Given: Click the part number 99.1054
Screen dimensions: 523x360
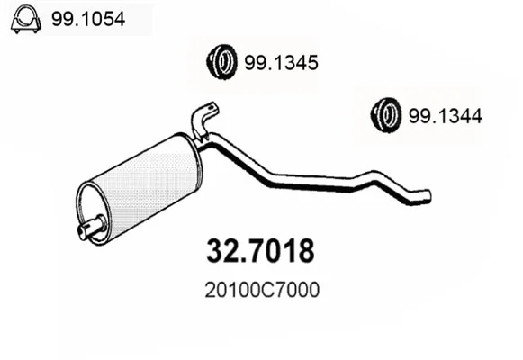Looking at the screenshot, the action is (88, 19).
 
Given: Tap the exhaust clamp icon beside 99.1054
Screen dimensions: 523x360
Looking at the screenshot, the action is (26, 19).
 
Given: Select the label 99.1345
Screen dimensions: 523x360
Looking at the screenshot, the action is (281, 63).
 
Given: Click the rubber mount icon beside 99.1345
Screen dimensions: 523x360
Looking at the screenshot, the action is (221, 62).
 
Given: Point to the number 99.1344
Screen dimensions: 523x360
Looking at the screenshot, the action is (446, 116).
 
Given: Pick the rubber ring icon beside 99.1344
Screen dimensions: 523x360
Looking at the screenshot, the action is (386, 115).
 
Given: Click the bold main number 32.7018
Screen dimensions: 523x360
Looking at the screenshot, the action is (260, 251).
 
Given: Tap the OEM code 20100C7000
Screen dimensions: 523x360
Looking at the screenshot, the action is (262, 290).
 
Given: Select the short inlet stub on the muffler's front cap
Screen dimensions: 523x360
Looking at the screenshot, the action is (91, 227).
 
